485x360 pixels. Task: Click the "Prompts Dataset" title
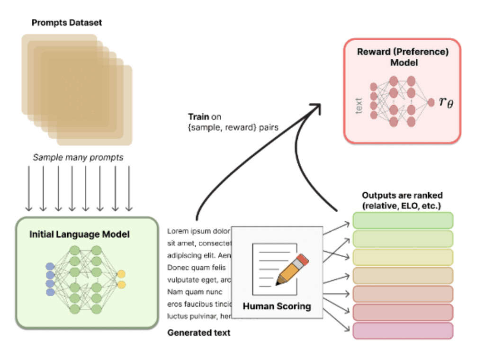click(67, 22)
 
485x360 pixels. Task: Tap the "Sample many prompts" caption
click(78, 157)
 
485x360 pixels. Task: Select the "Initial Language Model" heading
click(80, 234)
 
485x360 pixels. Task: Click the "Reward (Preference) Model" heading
click(402, 57)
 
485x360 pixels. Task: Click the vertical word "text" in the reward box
click(359, 105)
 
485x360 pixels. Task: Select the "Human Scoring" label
click(277, 306)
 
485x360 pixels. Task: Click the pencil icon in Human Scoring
click(291, 270)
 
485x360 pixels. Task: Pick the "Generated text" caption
click(199, 333)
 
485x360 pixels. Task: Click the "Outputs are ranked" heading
click(403, 195)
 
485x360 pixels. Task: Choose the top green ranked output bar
click(403, 220)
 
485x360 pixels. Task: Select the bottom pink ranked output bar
click(403, 331)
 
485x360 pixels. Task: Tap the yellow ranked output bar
click(403, 257)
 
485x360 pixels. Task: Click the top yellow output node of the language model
click(121, 274)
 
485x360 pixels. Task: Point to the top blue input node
click(50, 266)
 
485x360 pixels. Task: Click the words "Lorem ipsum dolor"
click(198, 232)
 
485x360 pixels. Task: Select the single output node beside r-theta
click(431, 102)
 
